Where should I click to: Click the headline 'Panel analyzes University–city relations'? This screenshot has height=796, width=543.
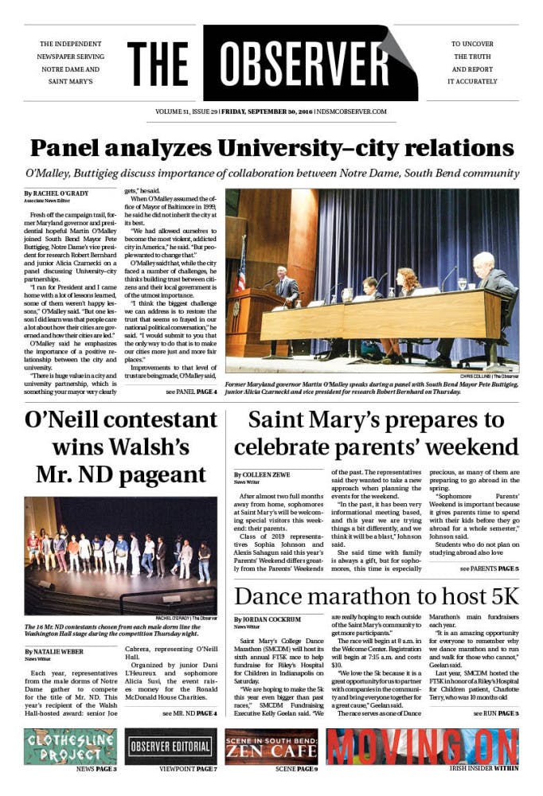point(271,148)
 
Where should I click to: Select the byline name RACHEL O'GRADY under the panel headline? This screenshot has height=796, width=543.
point(60,193)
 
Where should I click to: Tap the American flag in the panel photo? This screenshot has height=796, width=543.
point(242,263)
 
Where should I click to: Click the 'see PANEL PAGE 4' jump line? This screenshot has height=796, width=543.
point(191,392)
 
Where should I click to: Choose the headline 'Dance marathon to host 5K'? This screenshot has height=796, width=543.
point(376,596)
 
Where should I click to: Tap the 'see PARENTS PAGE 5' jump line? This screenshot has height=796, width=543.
point(489,569)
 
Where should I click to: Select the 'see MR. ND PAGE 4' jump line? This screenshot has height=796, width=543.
point(189,712)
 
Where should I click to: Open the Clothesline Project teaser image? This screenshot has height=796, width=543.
point(70,746)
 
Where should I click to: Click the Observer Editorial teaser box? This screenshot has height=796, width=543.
point(170,746)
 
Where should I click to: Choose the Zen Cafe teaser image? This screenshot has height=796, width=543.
point(271,746)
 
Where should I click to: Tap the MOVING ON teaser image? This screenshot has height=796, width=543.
point(422,746)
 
